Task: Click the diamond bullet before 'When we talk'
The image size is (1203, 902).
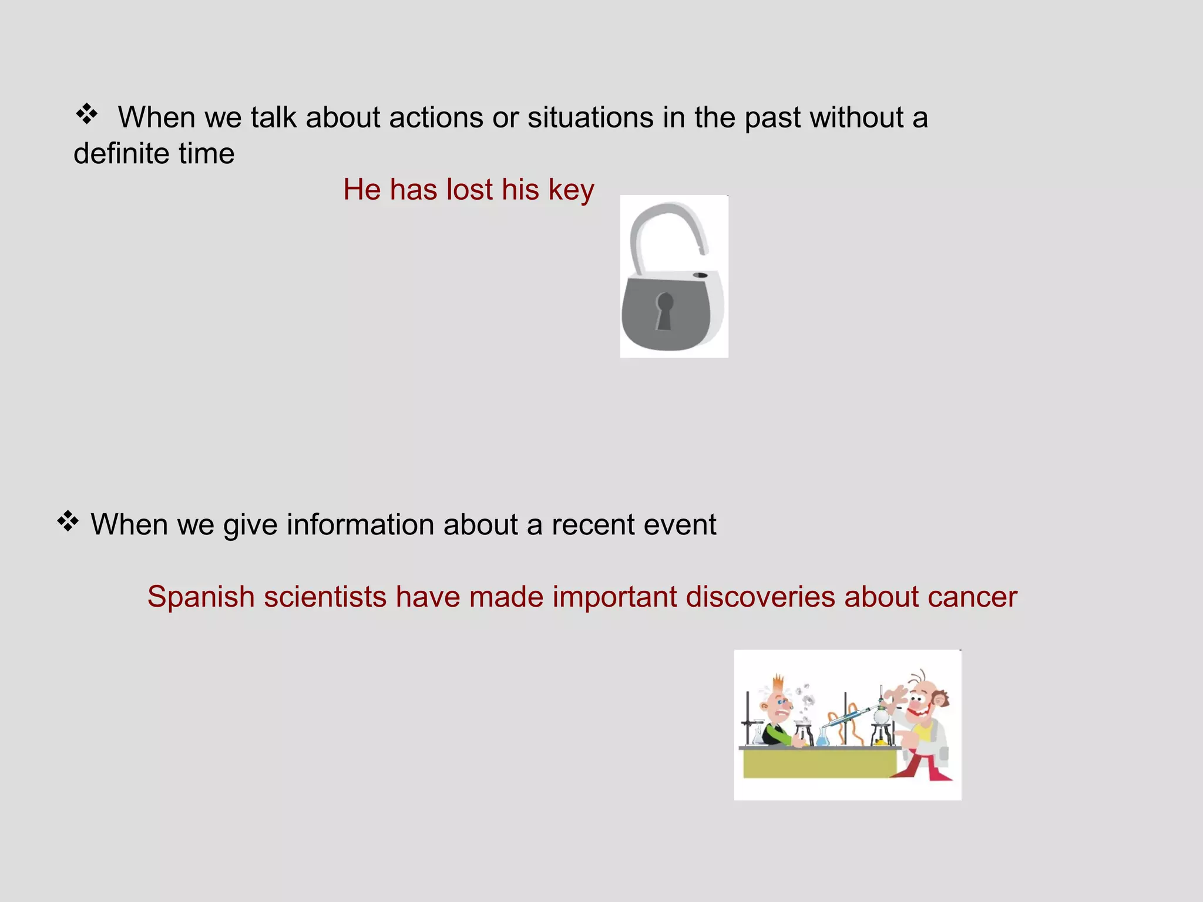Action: pyautogui.click(x=86, y=114)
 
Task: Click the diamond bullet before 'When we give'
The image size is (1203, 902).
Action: pyautogui.click(x=68, y=521)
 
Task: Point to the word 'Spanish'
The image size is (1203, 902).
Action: pyautogui.click(x=200, y=597)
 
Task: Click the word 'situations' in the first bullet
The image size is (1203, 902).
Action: pyautogui.click(x=590, y=117)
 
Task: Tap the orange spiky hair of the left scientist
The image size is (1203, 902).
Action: pyautogui.click(x=779, y=684)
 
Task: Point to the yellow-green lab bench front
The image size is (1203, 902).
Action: pyautogui.click(x=816, y=763)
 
